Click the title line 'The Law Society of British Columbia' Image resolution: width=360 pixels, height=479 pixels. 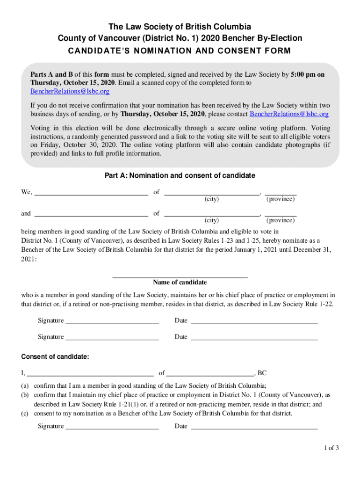click(x=180, y=27)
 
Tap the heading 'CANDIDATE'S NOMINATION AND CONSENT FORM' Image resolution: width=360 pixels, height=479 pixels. click(x=180, y=51)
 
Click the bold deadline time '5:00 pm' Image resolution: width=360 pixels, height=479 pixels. click(x=304, y=74)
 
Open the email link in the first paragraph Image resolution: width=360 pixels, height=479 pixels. click(x=70, y=91)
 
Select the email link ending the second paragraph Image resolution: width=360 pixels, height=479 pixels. click(x=289, y=114)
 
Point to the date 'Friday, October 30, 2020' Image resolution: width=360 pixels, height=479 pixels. click(x=71, y=145)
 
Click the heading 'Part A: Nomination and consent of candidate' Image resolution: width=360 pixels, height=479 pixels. click(x=180, y=175)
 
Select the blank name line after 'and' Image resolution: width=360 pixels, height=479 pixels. click(x=92, y=214)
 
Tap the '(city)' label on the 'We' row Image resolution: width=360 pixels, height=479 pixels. click(x=212, y=199)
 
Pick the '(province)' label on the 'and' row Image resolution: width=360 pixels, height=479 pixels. click(x=281, y=220)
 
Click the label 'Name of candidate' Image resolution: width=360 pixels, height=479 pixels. click(x=180, y=283)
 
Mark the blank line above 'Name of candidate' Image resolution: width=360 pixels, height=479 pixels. click(x=180, y=277)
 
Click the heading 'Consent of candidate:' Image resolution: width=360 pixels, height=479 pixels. click(x=55, y=357)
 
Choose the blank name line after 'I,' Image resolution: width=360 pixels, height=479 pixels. click(x=90, y=374)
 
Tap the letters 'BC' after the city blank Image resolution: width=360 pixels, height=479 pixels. click(x=262, y=373)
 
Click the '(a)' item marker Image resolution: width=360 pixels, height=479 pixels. click(x=25, y=386)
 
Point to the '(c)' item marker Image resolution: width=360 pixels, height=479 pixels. click(x=25, y=414)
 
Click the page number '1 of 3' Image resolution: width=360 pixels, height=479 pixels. click(x=331, y=448)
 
